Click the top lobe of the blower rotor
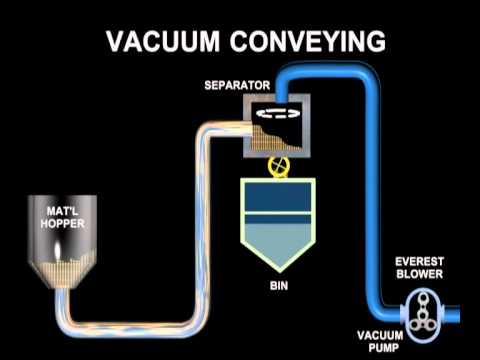tap(422, 298)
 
